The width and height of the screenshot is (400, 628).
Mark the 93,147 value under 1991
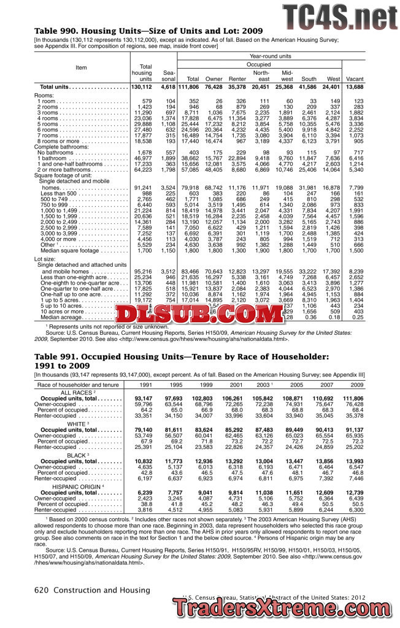click(142, 399)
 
